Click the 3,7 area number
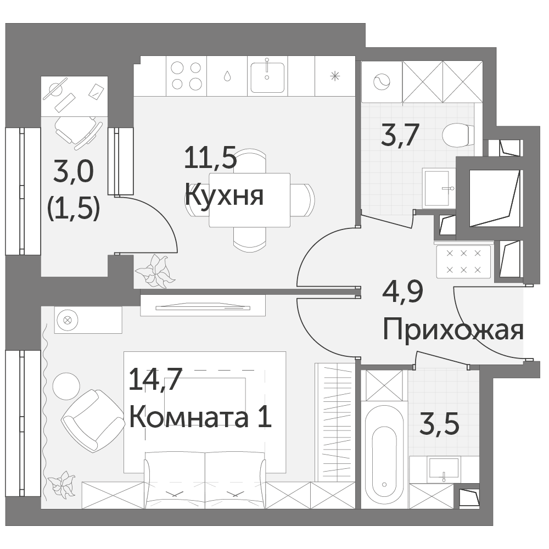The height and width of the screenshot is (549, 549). pos(400,135)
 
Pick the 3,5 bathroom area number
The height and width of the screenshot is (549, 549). pos(439,424)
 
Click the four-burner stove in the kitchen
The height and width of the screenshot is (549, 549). pos(186,76)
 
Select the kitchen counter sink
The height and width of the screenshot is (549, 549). pos(267,76)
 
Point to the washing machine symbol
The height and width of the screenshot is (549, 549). pos(382,82)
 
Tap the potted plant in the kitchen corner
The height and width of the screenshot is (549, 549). pos(155,271)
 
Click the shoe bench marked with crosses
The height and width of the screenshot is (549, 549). pos(463,261)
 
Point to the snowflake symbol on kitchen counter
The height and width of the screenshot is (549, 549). pos(335,76)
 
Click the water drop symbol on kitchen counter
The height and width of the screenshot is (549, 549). pos(227,76)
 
